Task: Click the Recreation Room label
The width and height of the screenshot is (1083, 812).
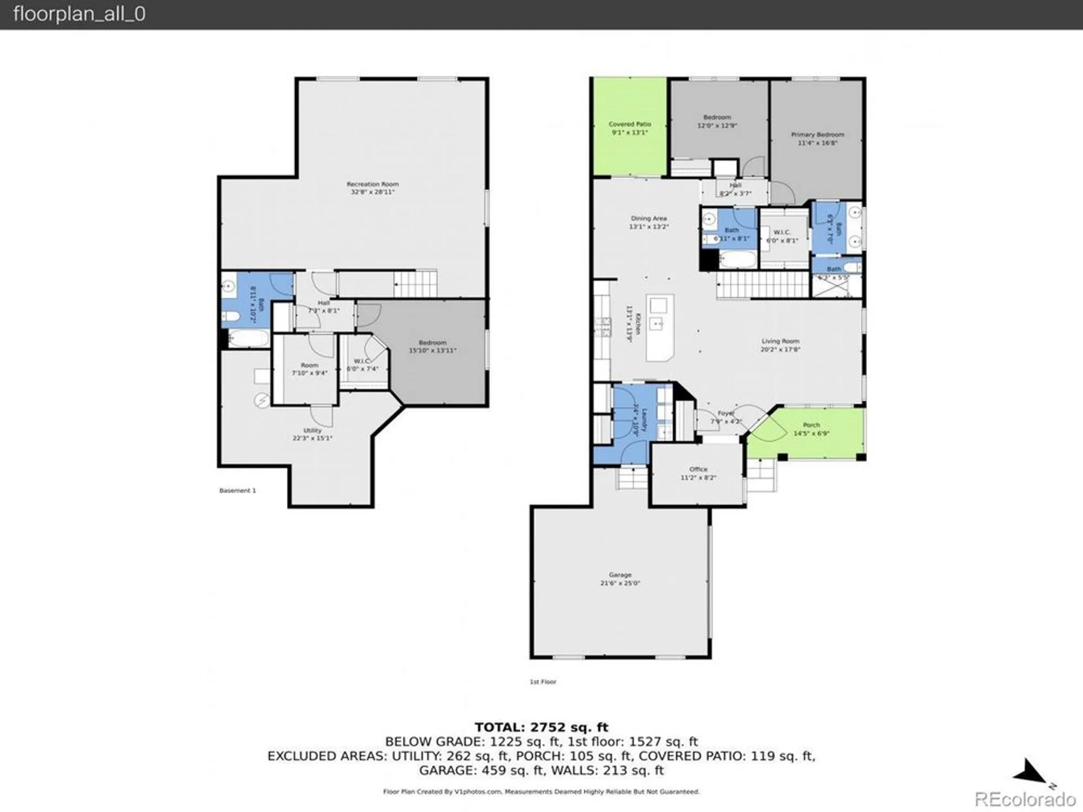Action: (x=373, y=185)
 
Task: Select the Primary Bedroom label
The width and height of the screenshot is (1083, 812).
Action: (x=817, y=135)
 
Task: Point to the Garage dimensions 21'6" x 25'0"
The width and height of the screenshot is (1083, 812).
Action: (x=620, y=583)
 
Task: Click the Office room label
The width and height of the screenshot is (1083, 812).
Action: (x=698, y=469)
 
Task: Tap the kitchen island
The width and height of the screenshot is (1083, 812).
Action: (x=660, y=328)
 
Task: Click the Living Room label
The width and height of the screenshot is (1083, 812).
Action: (x=780, y=341)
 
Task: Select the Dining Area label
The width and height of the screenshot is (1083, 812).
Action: (x=648, y=219)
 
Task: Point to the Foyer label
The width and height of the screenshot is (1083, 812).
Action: (x=726, y=414)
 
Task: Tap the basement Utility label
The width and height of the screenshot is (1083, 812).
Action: (x=312, y=430)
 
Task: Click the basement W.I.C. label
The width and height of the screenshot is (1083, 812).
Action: (x=361, y=361)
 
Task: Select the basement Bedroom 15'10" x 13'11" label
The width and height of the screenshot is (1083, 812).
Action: (x=432, y=346)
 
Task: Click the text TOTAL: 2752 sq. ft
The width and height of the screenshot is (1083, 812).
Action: (x=541, y=727)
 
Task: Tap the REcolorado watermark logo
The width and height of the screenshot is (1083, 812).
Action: (x=1025, y=799)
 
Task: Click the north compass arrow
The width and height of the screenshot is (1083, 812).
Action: (x=1032, y=771)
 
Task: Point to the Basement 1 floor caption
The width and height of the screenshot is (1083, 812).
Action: (x=237, y=490)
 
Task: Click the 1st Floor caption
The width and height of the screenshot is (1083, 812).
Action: (x=543, y=682)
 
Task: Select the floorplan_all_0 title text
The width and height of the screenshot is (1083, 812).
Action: (x=79, y=14)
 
